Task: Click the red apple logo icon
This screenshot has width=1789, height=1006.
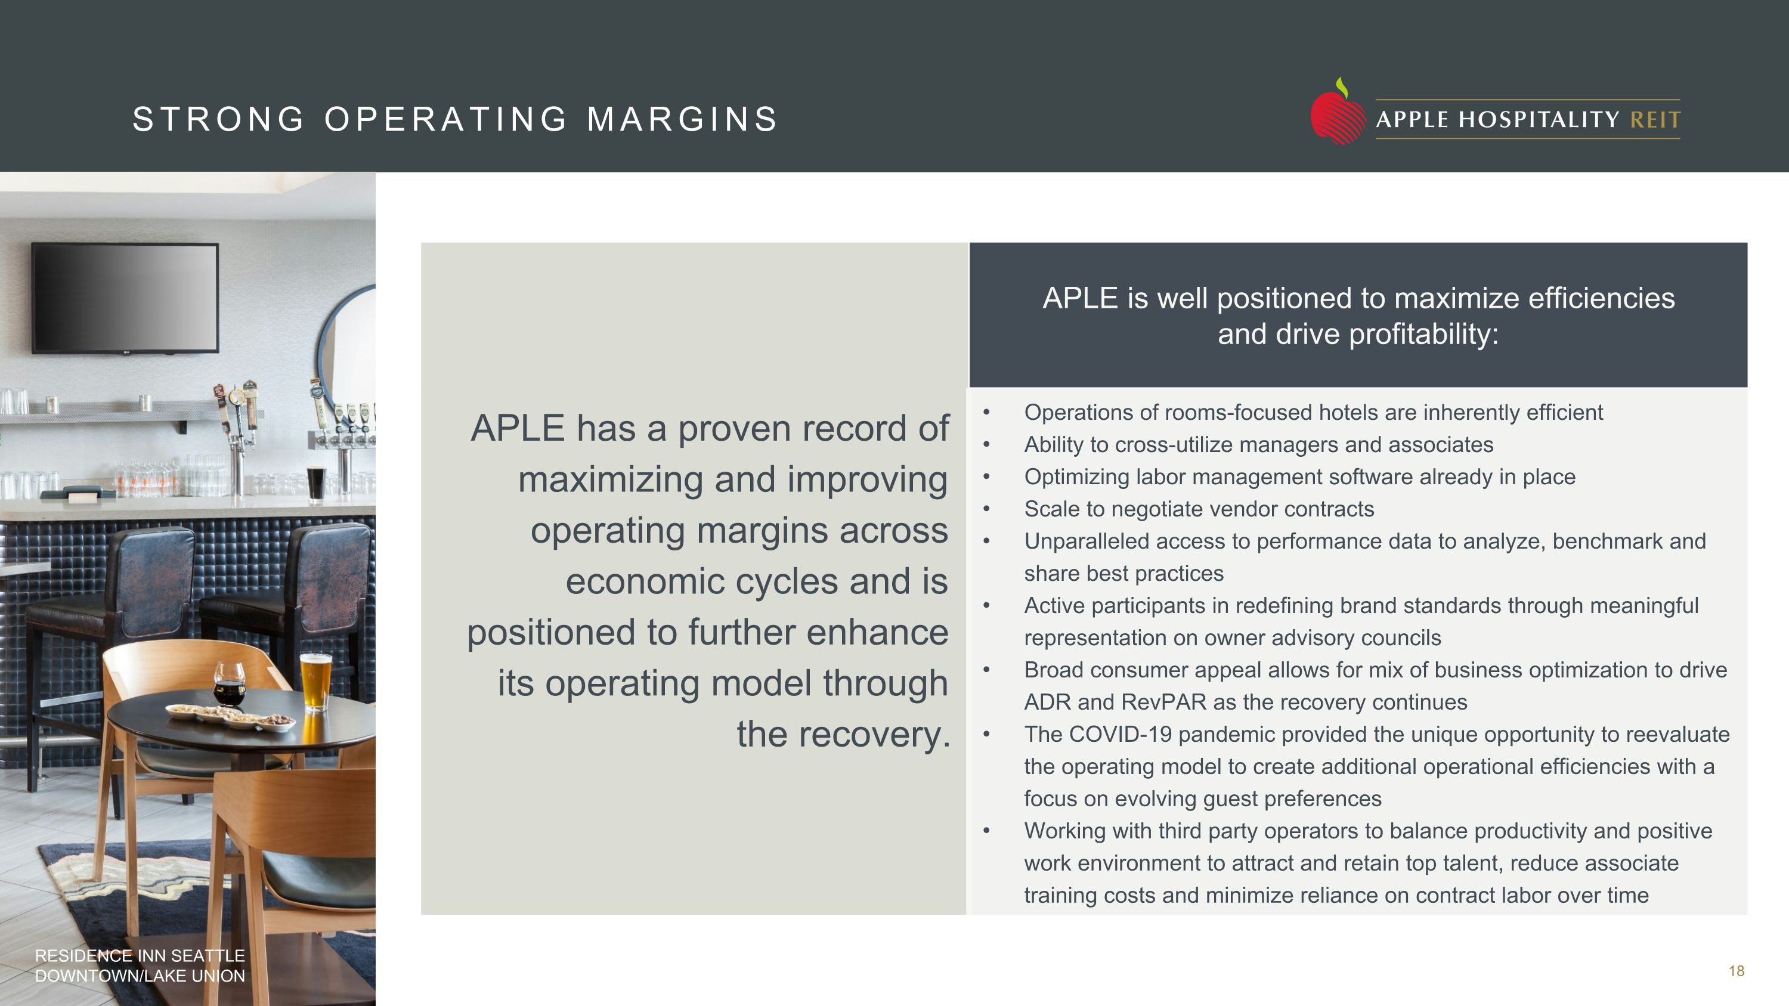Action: click(1337, 114)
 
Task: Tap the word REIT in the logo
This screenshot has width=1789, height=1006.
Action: click(1655, 120)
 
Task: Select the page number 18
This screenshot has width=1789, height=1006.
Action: click(1736, 971)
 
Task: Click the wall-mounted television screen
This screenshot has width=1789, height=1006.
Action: click(125, 297)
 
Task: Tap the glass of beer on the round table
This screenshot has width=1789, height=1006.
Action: click(316, 680)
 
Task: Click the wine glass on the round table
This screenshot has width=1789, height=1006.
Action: click(229, 682)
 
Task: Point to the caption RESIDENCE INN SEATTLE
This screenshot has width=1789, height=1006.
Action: click(140, 956)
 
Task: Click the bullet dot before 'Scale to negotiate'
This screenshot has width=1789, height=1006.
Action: click(986, 509)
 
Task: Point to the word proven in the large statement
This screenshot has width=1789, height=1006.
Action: click(735, 428)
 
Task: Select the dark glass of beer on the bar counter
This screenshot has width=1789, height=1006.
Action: click(315, 483)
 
